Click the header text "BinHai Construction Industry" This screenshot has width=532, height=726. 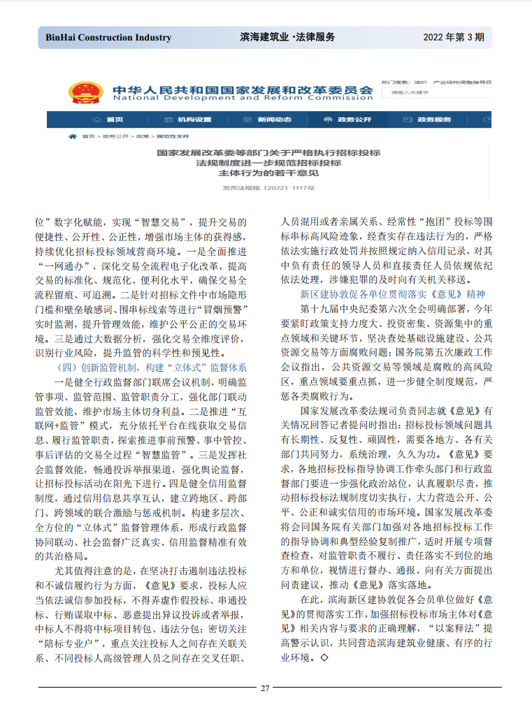[108, 37]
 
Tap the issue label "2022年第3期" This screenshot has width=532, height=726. [453, 37]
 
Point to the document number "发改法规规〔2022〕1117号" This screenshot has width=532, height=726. [268, 189]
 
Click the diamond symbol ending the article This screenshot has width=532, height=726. [324, 658]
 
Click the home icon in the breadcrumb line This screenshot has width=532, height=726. [73, 137]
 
